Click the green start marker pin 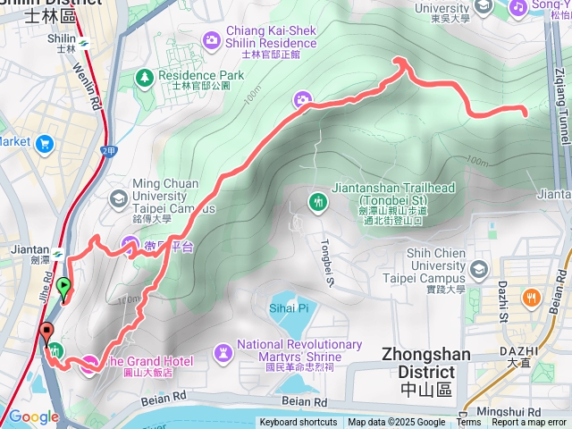pos(63,288)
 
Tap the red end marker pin pos(46,336)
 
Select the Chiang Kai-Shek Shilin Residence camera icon pos(211,39)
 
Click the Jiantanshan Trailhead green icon pos(319,202)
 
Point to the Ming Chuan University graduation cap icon pos(117,197)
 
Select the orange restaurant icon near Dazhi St pos(533,298)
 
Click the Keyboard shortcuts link pos(299,423)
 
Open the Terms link pos(468,423)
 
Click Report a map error pos(530,423)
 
